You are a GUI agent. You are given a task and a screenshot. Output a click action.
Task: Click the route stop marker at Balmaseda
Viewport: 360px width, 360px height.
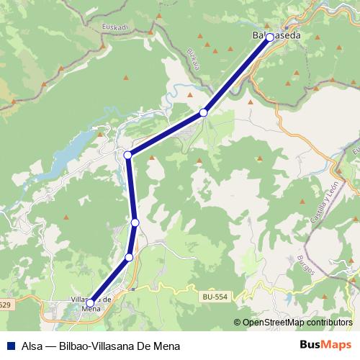tap(270, 37)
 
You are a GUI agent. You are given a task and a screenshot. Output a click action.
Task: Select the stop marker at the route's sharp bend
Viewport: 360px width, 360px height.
tap(127, 155)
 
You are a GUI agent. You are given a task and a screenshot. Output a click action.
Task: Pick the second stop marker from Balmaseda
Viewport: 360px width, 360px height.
tap(204, 112)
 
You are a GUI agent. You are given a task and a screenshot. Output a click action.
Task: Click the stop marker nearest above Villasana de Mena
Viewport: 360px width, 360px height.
tap(130, 257)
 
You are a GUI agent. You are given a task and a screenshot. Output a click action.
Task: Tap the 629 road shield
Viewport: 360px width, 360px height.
tap(4, 305)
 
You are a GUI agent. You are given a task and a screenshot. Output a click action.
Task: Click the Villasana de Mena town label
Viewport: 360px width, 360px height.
tap(91, 304)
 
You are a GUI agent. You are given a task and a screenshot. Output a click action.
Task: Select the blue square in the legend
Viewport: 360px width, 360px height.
tap(11, 345)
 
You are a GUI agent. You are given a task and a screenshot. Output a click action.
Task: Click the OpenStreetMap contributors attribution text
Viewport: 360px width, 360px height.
tap(296, 323)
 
